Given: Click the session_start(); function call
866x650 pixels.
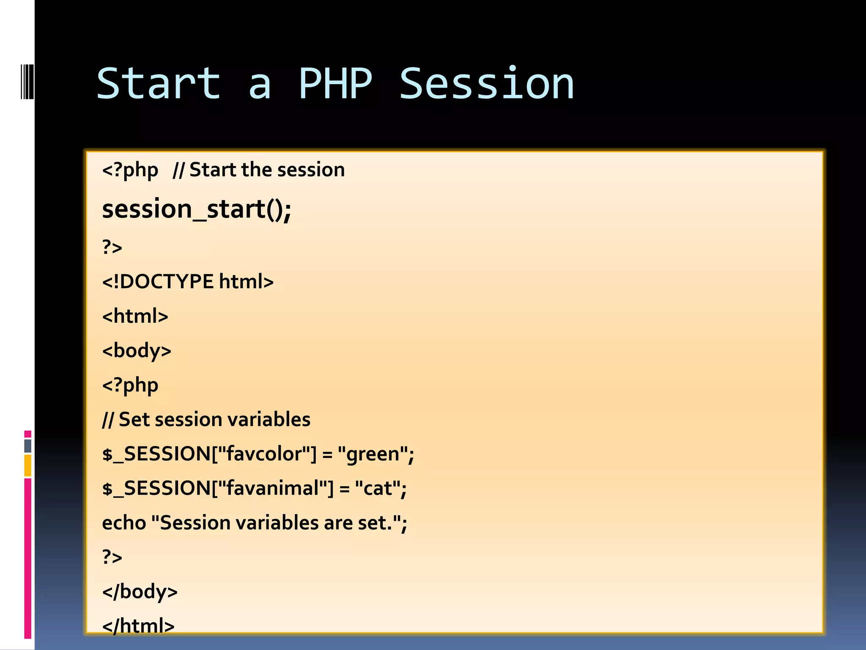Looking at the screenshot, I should [x=197, y=209].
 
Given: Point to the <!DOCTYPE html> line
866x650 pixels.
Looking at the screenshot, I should [x=188, y=281].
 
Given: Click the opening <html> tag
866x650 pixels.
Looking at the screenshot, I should [x=135, y=316].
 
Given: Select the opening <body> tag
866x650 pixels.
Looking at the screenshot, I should [x=137, y=351].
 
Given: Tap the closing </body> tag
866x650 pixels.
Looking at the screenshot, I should [x=140, y=592].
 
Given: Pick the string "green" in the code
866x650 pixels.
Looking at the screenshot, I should [x=373, y=454].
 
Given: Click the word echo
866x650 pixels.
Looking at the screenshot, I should [x=124, y=523].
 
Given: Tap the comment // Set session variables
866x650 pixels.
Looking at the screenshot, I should [x=206, y=419].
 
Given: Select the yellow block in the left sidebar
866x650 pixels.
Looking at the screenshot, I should [x=27, y=465].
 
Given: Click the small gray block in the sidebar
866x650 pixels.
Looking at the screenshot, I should [x=27, y=446].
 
